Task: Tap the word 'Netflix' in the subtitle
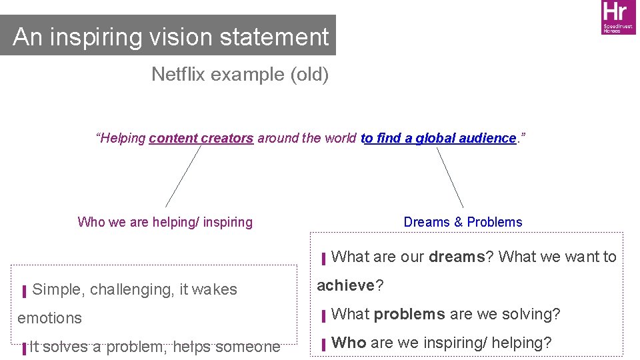click(178, 74)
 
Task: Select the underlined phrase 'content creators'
click(201, 138)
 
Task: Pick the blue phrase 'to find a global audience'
click(438, 138)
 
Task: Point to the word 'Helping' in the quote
click(123, 138)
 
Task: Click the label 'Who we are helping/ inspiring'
click(165, 222)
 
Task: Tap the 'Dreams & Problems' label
click(463, 222)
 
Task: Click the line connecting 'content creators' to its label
click(183, 177)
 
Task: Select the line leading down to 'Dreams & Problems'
click(450, 177)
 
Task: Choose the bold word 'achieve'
click(346, 285)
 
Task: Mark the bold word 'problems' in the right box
click(409, 314)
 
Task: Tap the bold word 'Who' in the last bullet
click(349, 343)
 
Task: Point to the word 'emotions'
click(49, 318)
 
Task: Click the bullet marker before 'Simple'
click(24, 291)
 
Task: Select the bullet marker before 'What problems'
click(323, 315)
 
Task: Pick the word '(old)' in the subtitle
click(309, 74)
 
